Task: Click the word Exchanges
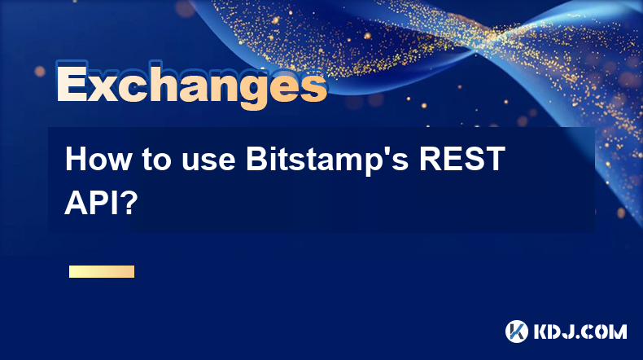192,85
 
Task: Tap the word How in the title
98,159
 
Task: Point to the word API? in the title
101,203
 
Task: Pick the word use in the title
208,162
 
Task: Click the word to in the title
156,160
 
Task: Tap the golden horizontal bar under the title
102,271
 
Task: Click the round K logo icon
517,331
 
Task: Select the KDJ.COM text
580,331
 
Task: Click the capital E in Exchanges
72,82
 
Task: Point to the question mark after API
129,203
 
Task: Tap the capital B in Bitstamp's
256,159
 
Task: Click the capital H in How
76,159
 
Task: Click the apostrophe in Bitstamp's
383,151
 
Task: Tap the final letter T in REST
495,159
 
